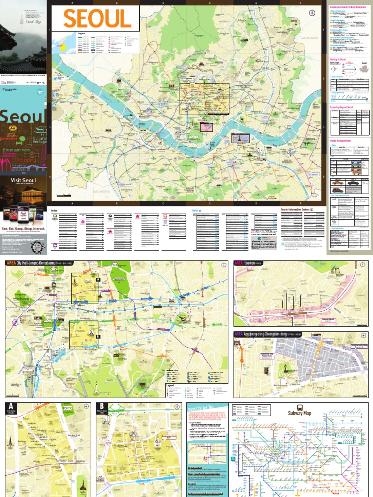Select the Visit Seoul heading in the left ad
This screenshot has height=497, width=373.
click(x=24, y=180)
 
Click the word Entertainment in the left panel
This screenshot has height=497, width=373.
click(x=17, y=150)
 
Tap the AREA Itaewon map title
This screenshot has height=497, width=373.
click(x=247, y=263)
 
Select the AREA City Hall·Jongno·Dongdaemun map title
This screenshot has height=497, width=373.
click(x=42, y=263)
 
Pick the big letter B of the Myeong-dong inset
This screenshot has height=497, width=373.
click(x=102, y=407)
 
